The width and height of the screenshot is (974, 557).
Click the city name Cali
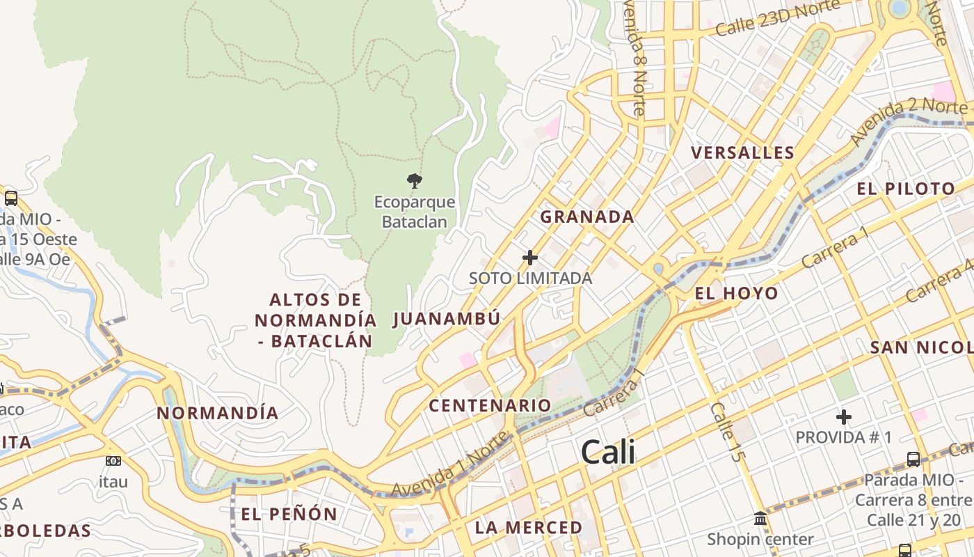[607, 453]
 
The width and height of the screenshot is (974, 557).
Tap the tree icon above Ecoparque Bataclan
[415, 181]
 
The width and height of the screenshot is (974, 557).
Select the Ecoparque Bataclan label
[415, 212]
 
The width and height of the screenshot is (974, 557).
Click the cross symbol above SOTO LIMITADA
[530, 258]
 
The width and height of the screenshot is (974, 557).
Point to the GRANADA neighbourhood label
[587, 217]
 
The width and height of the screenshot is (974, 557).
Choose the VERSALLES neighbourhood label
[742, 153]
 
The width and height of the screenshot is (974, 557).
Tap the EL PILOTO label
[906, 189]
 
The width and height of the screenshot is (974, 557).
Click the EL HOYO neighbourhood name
[737, 293]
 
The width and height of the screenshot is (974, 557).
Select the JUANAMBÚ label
[447, 319]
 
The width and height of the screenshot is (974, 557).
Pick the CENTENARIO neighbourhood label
[490, 405]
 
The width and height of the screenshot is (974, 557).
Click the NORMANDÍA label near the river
[217, 413]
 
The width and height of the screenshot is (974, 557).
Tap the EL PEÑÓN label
[289, 515]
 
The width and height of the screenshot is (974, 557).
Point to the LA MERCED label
[528, 528]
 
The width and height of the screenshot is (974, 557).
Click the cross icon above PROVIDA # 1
[844, 417]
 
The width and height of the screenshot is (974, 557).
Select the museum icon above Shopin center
[760, 519]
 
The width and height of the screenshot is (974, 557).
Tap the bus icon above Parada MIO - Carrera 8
[913, 460]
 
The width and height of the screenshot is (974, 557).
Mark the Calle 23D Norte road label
[778, 19]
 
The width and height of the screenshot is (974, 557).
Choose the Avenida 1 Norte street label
[451, 465]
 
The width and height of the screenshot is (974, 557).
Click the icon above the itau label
[113, 461]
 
